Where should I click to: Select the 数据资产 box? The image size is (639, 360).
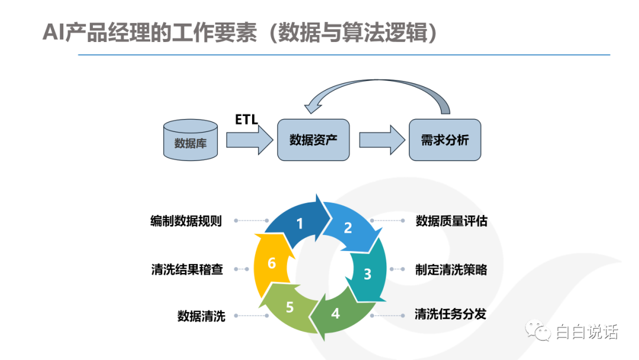click(x=314, y=140)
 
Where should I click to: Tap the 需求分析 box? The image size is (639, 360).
click(x=445, y=140)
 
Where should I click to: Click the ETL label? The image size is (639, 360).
click(x=247, y=120)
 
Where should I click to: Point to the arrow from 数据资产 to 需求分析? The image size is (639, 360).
click(x=382, y=140)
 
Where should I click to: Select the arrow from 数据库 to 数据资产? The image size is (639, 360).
click(x=250, y=140)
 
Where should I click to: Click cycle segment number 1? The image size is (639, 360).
click(x=299, y=221)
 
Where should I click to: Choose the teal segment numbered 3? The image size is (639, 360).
click(x=368, y=272)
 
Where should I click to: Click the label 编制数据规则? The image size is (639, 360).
click(x=186, y=221)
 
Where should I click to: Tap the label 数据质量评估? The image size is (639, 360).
click(x=451, y=221)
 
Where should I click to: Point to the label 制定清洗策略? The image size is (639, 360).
click(x=451, y=269)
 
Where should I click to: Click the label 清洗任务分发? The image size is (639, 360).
click(x=450, y=314)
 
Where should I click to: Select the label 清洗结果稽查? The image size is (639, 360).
click(x=187, y=269)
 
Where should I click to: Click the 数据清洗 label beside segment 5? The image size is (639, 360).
click(x=201, y=316)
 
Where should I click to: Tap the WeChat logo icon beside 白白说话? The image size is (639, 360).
click(x=538, y=330)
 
